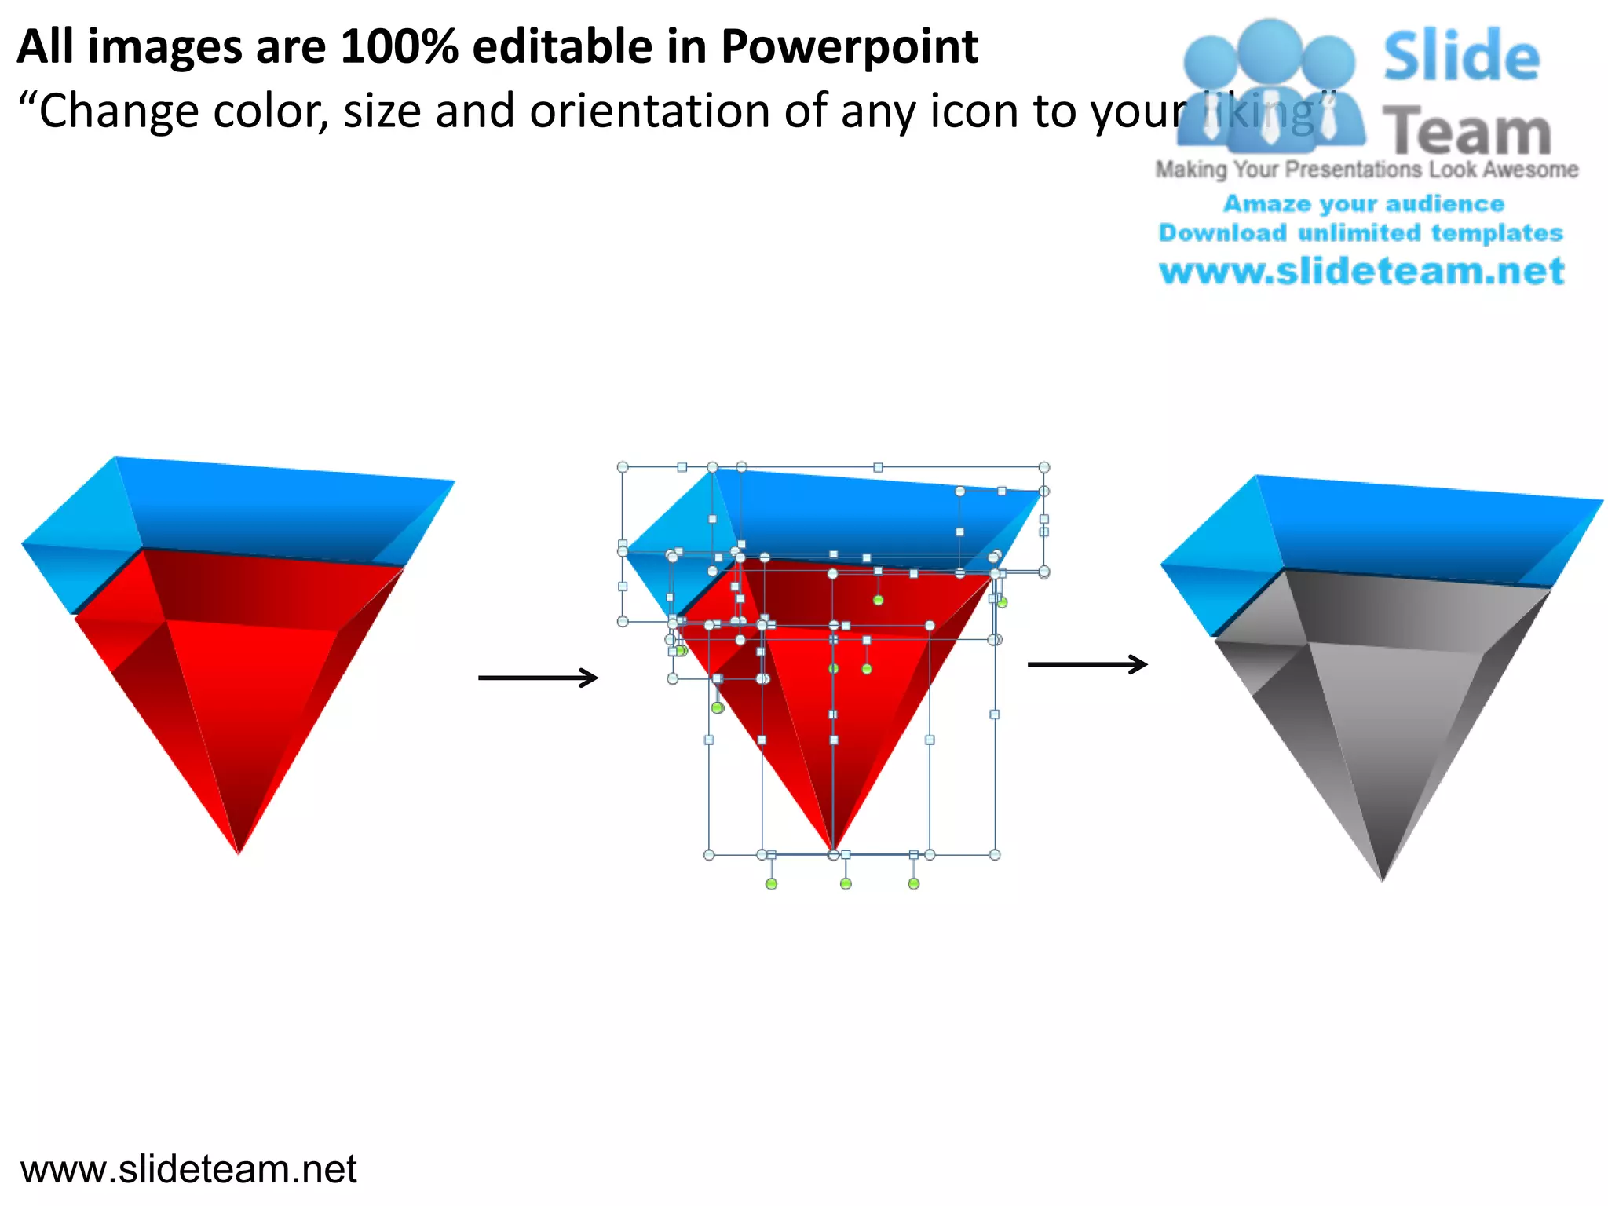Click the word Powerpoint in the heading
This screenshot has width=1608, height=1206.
[850, 47]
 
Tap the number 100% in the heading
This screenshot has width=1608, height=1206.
[400, 47]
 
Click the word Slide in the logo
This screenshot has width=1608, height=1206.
[1461, 57]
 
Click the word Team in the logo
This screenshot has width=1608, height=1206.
[1467, 132]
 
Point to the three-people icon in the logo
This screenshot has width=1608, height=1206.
[1270, 86]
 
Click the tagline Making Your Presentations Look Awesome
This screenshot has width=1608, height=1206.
[1366, 170]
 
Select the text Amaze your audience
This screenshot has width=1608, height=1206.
[1364, 204]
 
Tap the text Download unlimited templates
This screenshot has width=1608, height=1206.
[1361, 233]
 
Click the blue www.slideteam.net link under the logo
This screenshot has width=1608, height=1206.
[1361, 272]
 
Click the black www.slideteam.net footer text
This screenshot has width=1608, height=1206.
[188, 1169]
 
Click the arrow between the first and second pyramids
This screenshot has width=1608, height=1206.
[539, 678]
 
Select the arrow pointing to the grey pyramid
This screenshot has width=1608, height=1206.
[1087, 664]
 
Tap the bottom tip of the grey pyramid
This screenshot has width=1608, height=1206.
[1383, 878]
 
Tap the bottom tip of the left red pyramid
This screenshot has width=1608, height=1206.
[239, 850]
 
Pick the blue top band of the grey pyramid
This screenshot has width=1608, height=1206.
[1405, 530]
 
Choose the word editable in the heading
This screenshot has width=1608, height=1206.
[562, 47]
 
